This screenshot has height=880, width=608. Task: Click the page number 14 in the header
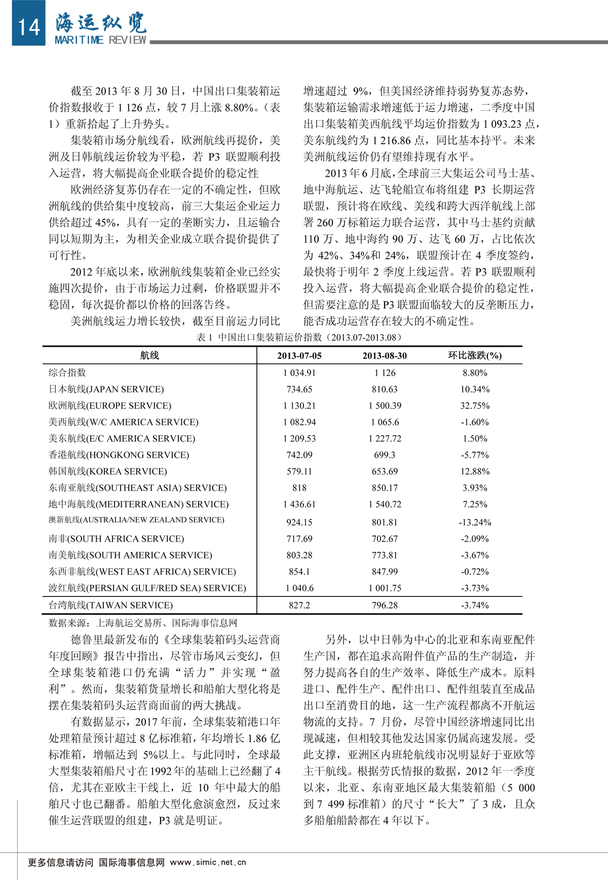coord(28,26)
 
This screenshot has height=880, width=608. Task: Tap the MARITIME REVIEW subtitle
coord(100,40)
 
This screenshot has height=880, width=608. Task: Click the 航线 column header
coord(149,355)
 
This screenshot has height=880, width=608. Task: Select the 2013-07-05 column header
coord(299,355)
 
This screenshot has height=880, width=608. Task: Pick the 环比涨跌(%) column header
coord(475,355)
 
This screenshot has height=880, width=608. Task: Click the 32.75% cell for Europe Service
coord(475,406)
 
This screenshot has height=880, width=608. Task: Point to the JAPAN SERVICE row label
coord(106,389)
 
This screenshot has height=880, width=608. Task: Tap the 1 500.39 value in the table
coord(385,406)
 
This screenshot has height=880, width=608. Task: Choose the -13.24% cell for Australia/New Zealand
coord(475,522)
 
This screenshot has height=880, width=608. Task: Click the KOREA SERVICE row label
coord(108,471)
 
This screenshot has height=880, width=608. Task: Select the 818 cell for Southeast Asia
coord(299,488)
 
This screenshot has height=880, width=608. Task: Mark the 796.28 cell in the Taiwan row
coord(385,605)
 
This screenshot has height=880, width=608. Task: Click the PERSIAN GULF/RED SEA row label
coord(147,588)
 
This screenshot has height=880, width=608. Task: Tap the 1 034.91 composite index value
coord(299,373)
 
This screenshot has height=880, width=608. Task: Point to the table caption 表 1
coord(299,337)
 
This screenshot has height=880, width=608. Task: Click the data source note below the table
coord(143,623)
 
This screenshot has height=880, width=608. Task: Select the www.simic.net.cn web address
coord(208,862)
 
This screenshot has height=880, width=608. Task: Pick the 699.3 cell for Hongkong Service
coord(385,455)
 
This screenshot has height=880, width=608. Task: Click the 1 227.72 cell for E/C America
coord(385,438)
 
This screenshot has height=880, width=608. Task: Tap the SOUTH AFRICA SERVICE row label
coord(117,539)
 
